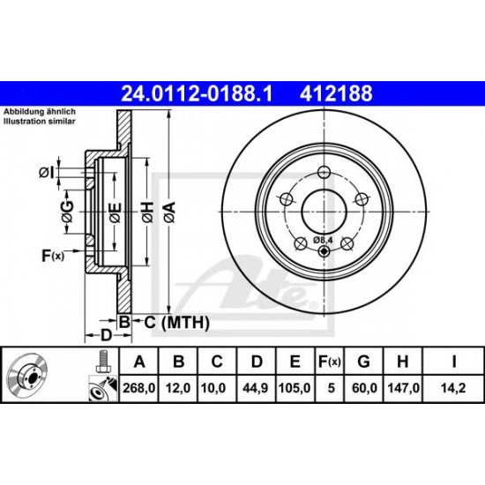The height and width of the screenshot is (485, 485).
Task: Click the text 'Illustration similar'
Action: (43, 123)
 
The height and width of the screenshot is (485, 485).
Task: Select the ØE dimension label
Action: (114, 209)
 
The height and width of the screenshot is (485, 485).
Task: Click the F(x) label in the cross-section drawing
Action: (54, 257)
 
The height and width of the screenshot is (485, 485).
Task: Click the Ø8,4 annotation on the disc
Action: (325, 239)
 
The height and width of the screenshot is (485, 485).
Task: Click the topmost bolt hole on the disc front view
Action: (323, 172)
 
